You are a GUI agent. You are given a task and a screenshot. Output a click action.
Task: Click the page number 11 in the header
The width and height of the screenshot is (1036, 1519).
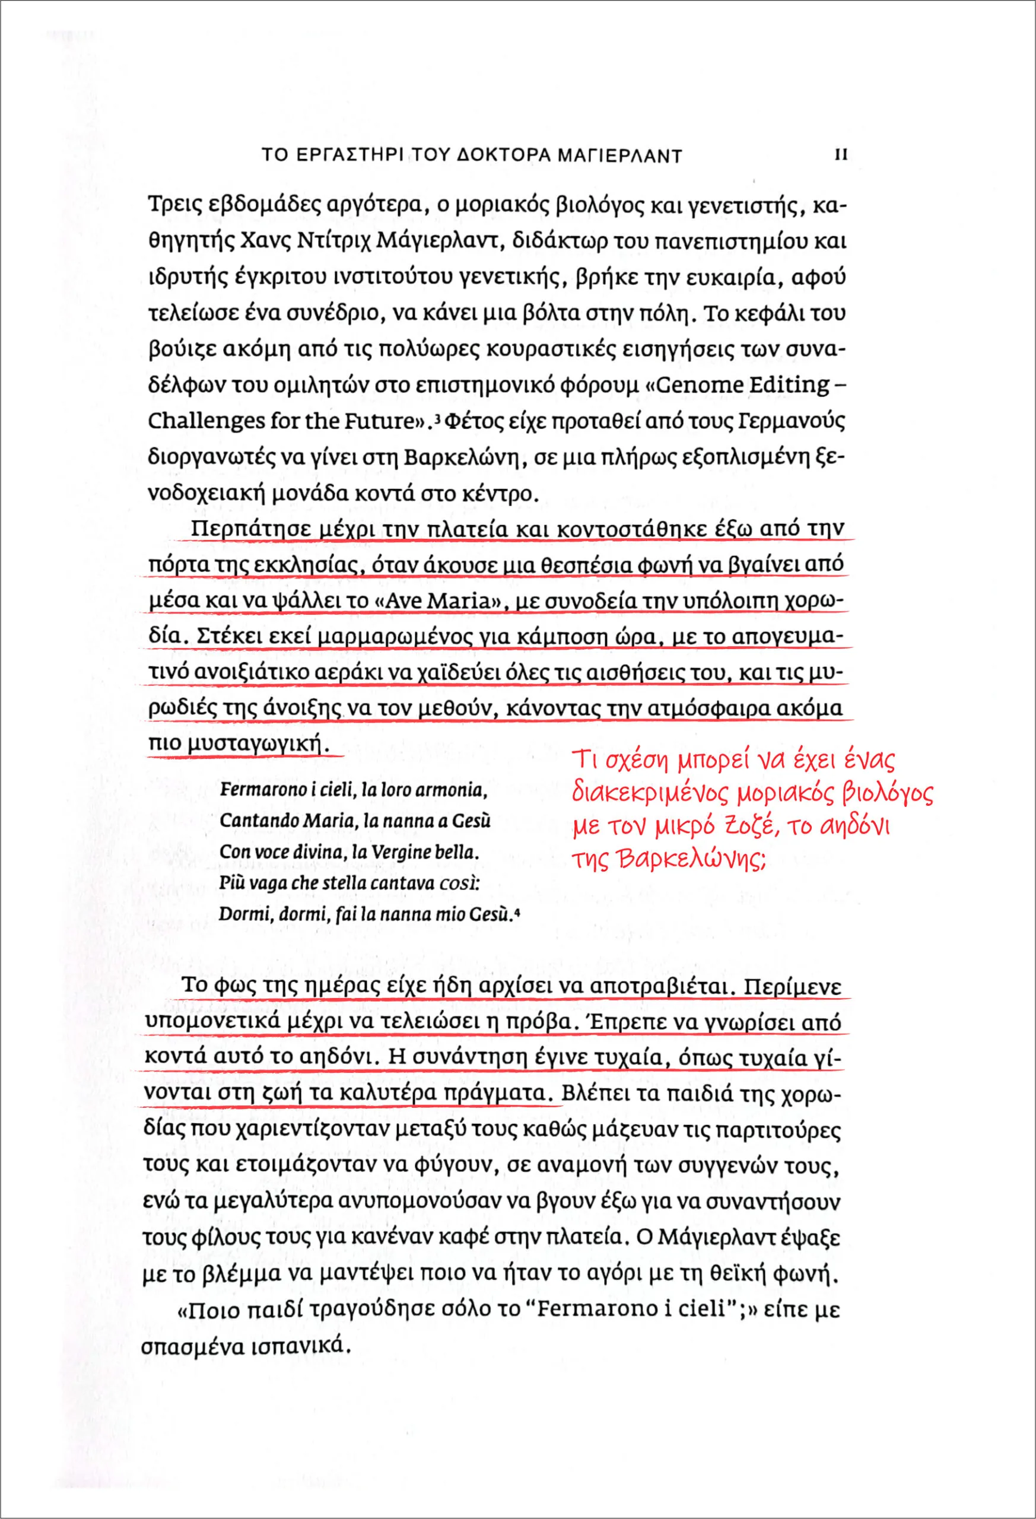click(x=841, y=155)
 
